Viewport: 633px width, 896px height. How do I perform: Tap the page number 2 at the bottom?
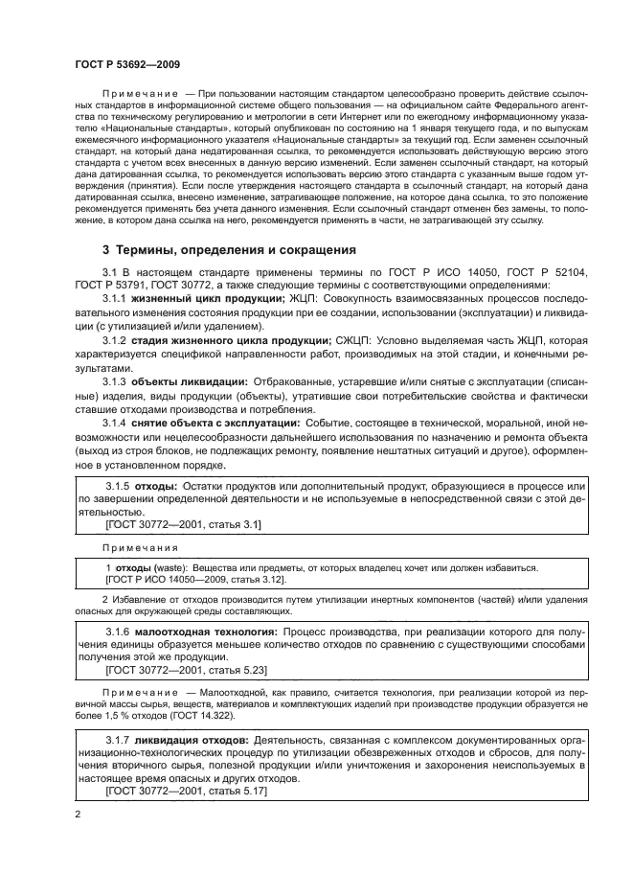point(77,814)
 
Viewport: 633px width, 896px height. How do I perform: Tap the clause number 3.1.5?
point(121,487)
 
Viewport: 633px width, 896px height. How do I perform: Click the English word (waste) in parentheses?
point(170,567)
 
